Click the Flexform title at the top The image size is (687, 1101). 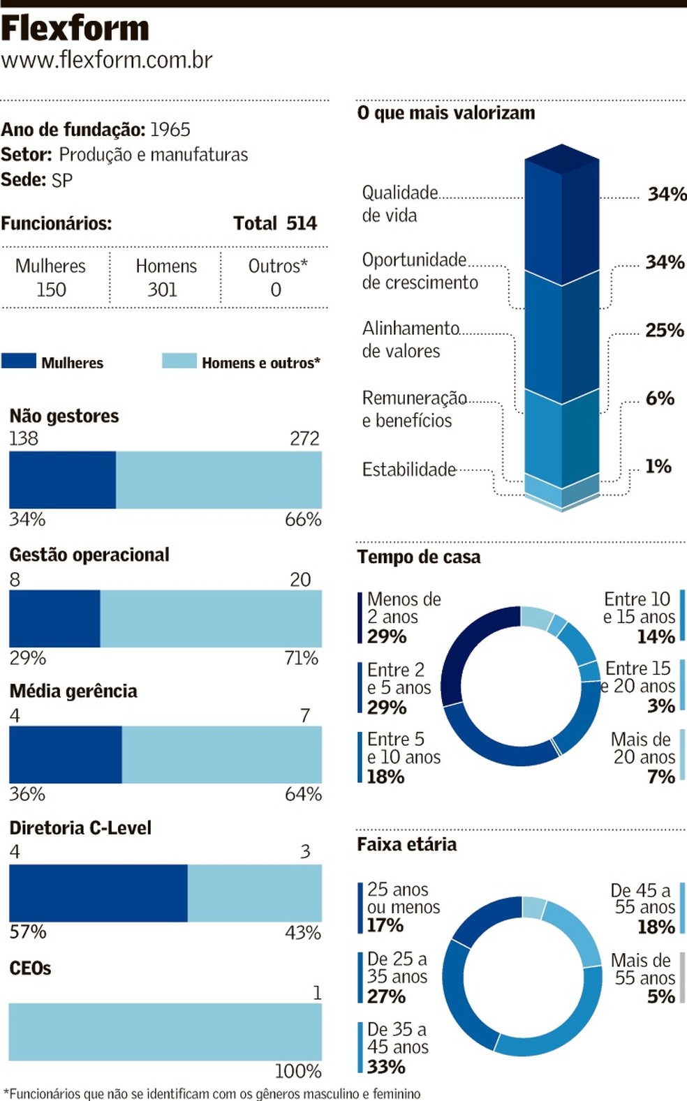click(75, 29)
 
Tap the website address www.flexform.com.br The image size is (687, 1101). click(107, 60)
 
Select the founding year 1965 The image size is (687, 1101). click(170, 130)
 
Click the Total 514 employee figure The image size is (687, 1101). click(275, 223)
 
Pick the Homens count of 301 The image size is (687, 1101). click(162, 290)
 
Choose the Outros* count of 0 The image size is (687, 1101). click(276, 290)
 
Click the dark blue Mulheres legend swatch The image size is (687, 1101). click(19, 361)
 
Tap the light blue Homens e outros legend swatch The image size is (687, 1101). click(179, 361)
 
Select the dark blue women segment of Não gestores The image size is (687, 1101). click(62, 479)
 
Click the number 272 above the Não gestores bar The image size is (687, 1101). click(304, 438)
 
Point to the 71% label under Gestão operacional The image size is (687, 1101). click(301, 658)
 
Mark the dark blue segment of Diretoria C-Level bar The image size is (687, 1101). click(98, 893)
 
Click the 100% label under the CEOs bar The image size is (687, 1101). click(298, 1071)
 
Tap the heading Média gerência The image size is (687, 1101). click(73, 691)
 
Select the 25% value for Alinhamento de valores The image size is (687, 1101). click(664, 330)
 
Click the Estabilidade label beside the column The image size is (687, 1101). click(409, 470)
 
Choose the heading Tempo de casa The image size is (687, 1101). click(419, 557)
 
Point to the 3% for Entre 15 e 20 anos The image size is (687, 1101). click(660, 706)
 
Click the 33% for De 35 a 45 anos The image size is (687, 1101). click(386, 1067)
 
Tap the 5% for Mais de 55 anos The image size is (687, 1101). click(660, 996)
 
